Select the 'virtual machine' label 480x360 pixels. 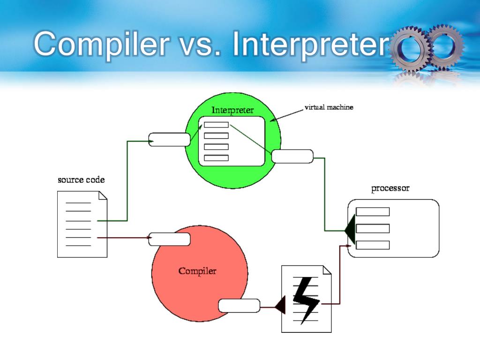pos(329,107)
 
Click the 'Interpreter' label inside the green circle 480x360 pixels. pos(232,111)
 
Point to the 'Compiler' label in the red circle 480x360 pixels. pos(197,271)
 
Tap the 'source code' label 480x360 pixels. pos(81,180)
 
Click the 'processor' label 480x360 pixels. pos(390,189)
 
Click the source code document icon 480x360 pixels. pos(82,224)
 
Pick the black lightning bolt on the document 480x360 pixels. pos(305,299)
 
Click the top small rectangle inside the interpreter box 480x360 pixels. pos(216,125)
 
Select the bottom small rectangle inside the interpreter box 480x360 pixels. pos(216,158)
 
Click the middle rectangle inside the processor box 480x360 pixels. pos(373,228)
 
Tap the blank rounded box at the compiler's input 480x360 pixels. pos(169,239)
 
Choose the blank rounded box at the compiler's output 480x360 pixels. pos(239,306)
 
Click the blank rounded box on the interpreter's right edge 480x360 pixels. pos(292,156)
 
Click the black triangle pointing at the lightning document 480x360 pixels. pos(280,306)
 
